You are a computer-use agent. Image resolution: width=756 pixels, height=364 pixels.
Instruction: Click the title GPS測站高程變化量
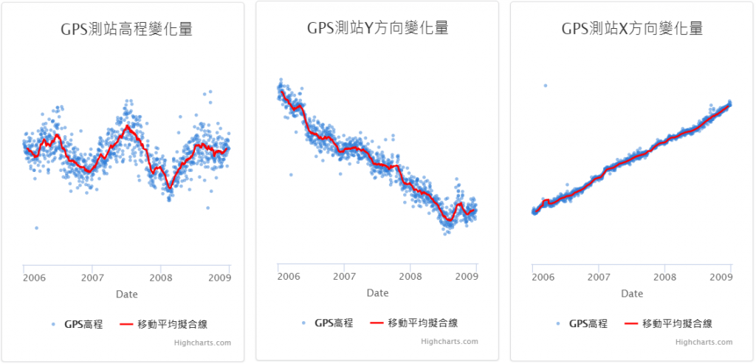point(126,30)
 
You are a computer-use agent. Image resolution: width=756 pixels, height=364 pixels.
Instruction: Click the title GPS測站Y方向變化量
point(377,29)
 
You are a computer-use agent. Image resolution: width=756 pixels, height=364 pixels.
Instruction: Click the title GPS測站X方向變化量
point(632,29)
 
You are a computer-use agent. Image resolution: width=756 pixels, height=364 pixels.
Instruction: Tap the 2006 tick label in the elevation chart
point(34,278)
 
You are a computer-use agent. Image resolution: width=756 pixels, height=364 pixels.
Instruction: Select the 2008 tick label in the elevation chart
point(159,278)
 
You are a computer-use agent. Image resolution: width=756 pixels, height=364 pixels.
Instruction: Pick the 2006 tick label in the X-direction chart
point(543,277)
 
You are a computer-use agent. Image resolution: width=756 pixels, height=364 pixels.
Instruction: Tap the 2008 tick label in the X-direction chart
point(665,277)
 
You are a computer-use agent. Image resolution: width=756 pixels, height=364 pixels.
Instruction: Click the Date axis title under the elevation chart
point(126,294)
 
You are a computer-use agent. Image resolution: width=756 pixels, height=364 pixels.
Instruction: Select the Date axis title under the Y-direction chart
point(377,293)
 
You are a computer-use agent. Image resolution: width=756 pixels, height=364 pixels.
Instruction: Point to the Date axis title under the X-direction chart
point(632,294)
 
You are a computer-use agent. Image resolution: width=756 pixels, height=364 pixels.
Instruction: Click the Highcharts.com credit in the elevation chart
point(202,343)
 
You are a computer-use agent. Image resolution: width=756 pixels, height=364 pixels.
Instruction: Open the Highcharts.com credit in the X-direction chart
point(704,342)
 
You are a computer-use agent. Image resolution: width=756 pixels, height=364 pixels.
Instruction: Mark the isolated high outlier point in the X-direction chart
point(546,86)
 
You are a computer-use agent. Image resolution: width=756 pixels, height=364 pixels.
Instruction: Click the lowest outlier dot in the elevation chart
point(36,227)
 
